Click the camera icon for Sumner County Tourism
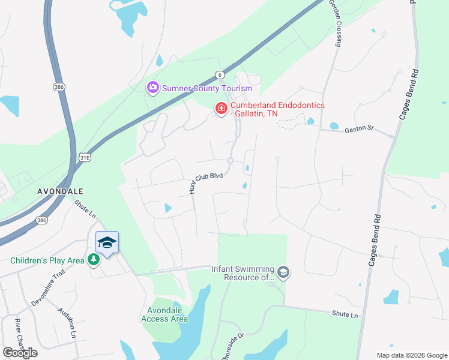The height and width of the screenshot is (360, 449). (153, 88)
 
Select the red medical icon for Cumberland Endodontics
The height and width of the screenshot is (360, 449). (221, 108)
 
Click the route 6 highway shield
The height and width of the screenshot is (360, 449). (220, 75)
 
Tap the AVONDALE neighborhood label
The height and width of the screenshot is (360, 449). (60, 190)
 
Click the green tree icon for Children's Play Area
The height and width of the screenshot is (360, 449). (94, 260)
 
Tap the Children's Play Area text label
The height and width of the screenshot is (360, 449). (47, 260)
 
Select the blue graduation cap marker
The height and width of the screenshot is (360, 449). (107, 242)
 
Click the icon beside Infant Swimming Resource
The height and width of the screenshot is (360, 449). (283, 274)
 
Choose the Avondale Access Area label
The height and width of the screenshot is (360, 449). (164, 314)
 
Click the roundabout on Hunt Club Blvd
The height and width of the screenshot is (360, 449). (230, 160)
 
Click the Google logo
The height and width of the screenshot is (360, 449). (20, 353)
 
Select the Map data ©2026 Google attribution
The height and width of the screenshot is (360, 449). (411, 355)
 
